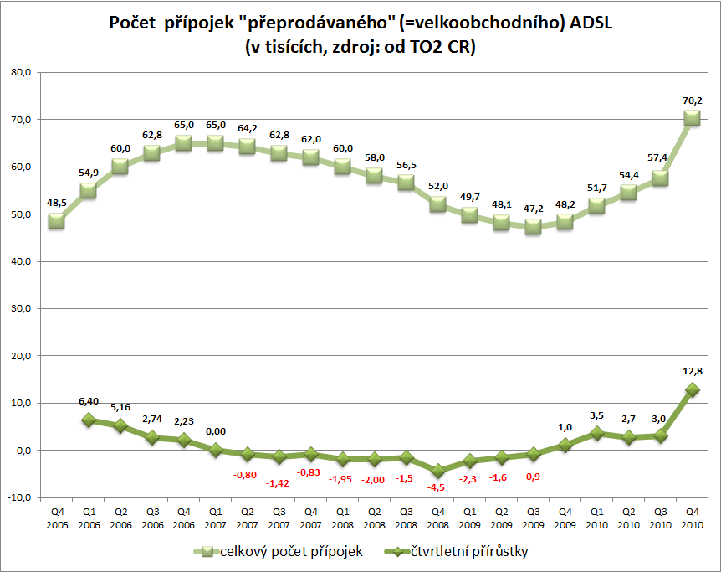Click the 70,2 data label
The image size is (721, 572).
692,100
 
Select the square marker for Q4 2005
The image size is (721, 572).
57,220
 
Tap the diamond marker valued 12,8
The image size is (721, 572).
692,389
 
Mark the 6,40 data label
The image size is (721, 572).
89,403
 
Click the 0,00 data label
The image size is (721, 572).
216,432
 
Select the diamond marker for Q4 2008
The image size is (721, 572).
437,471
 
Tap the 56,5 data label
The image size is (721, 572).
406,165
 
